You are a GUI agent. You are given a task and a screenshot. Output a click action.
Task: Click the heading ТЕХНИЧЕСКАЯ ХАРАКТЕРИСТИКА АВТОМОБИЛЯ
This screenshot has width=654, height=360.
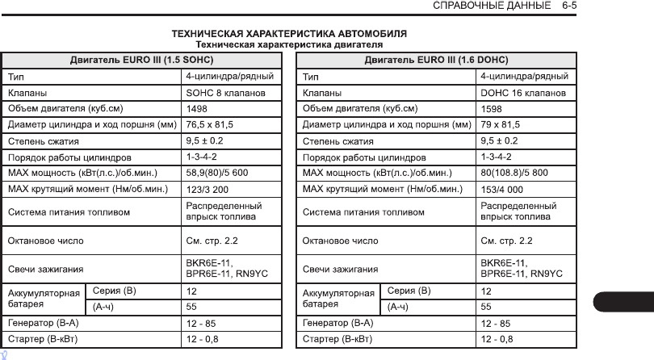290,35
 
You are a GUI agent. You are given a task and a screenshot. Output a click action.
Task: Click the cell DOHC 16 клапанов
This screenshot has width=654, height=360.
522,93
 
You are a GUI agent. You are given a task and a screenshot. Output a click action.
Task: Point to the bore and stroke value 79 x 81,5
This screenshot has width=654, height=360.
501,124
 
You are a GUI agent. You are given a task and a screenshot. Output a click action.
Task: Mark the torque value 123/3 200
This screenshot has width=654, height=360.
208,189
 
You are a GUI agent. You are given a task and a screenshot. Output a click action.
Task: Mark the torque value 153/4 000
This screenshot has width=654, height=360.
501,189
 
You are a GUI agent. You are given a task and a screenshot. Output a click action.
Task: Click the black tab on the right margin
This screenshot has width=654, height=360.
623,301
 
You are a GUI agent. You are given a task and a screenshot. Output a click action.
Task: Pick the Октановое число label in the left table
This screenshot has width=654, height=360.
45,241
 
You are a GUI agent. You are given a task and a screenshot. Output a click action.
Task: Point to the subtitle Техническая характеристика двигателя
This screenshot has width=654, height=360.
290,44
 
